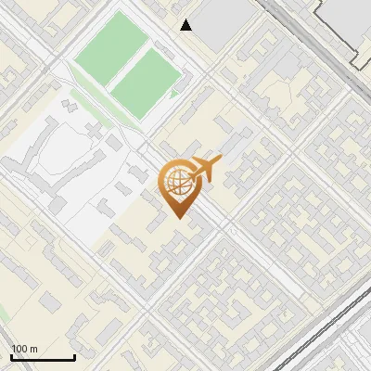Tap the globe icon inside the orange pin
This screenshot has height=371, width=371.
pos(176,183)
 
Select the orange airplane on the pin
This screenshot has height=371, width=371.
pos(206,169)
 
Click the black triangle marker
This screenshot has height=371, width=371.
pos(186,25)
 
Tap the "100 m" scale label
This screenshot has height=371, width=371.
pos(24,349)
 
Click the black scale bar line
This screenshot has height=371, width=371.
pos(43,358)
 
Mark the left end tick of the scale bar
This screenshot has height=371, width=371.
pos(11,356)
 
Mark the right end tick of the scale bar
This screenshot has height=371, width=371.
pos(74,356)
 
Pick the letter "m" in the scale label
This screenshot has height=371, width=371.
pos(33,349)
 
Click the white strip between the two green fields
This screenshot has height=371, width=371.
pos(128,62)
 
